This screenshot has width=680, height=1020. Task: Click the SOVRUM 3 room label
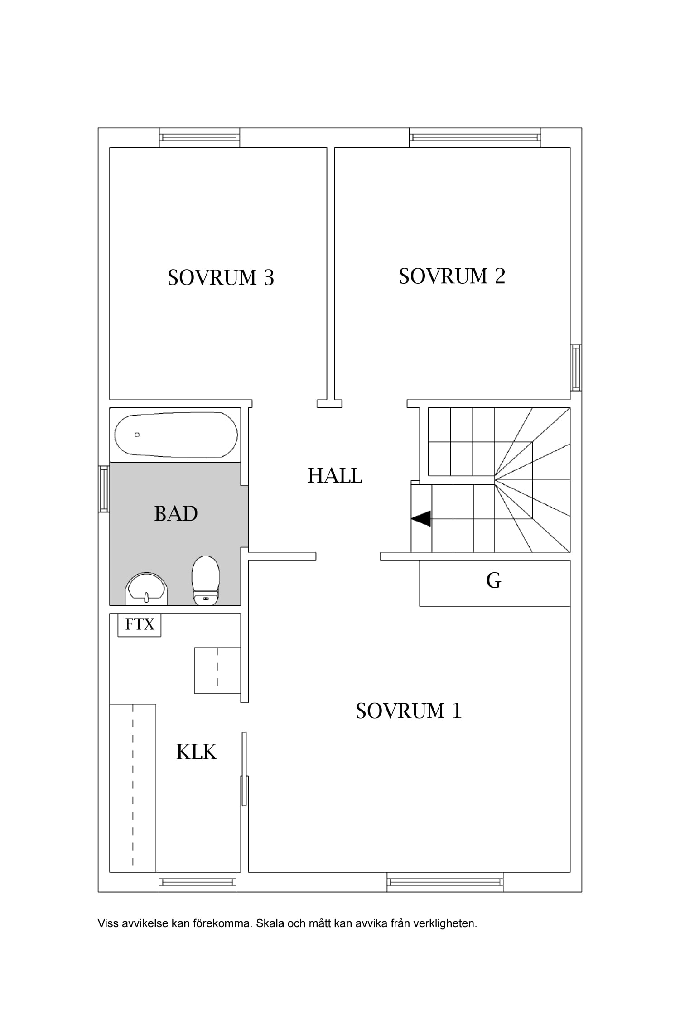click(221, 277)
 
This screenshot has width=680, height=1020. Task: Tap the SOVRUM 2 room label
click(452, 276)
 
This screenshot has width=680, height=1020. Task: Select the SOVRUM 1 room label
click(409, 711)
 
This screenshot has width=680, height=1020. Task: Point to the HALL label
click(335, 476)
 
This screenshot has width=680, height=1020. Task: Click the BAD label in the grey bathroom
click(176, 513)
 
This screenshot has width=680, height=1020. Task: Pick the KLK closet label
click(197, 752)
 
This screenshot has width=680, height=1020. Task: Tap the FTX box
click(140, 625)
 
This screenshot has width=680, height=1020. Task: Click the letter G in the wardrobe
click(494, 580)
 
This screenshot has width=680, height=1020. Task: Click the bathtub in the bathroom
click(176, 435)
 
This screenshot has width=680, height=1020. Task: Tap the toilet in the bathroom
click(206, 580)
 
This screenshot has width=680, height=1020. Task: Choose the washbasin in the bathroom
click(146, 589)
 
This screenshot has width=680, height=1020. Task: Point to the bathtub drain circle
click(137, 435)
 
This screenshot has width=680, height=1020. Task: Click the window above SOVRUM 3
click(199, 137)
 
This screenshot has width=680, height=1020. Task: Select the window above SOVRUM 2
click(475, 137)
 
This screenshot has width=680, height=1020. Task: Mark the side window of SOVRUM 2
click(576, 367)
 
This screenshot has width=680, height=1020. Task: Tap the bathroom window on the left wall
click(104, 489)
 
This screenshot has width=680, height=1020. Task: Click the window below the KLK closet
click(198, 882)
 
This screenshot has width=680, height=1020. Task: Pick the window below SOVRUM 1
click(445, 882)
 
